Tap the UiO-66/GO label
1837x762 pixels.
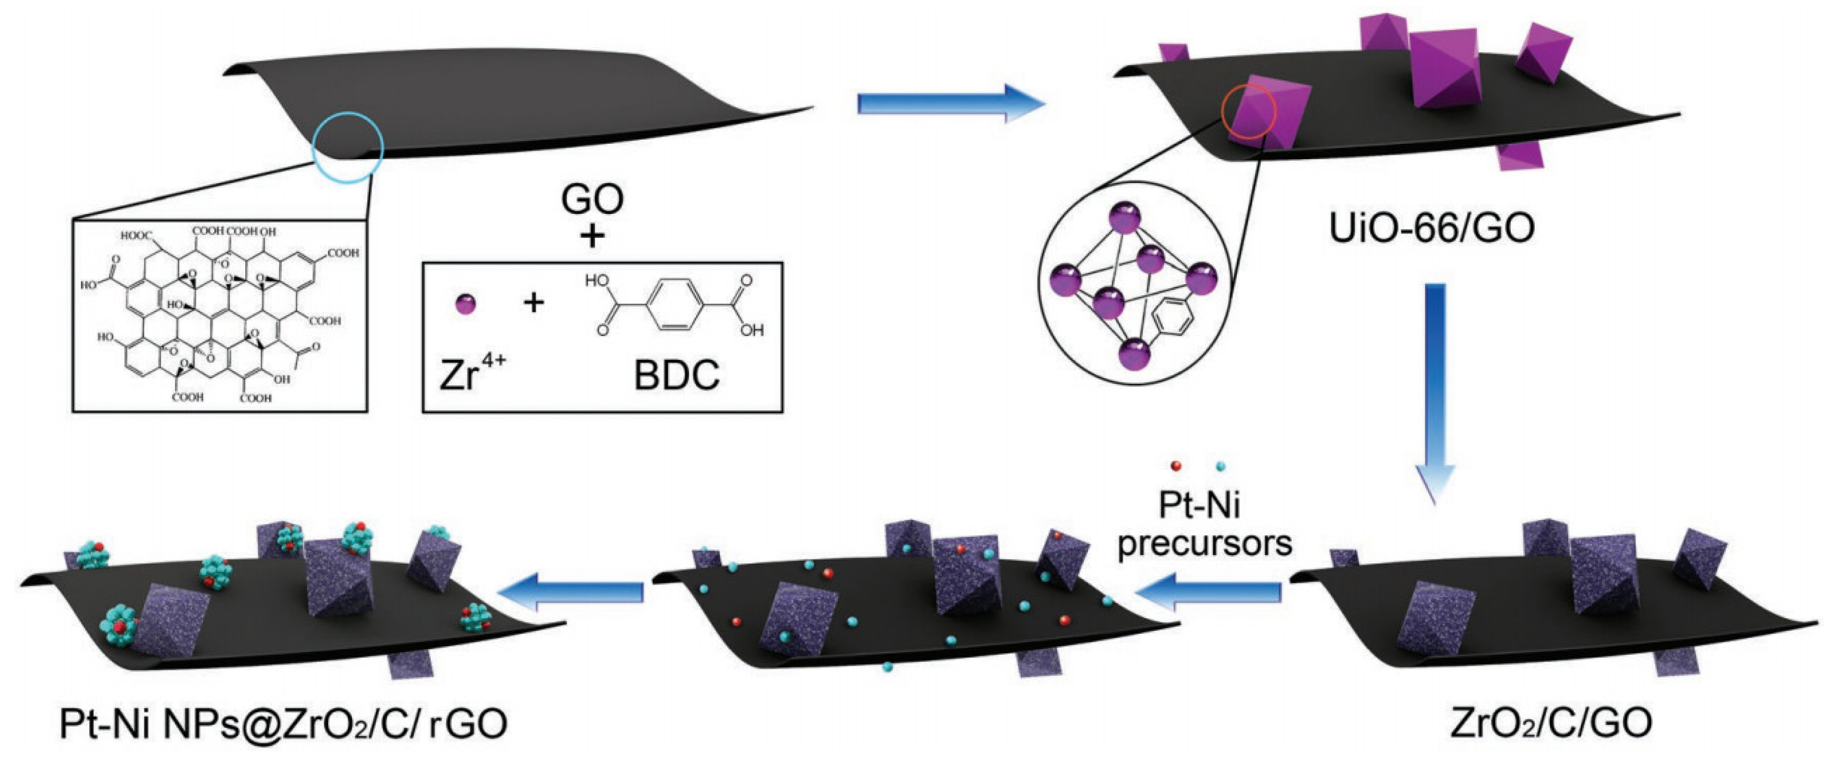[x=1433, y=228]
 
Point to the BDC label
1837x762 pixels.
[x=676, y=375]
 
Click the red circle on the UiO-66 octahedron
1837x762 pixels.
[x=1248, y=112]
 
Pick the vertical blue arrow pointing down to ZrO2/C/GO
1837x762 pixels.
[x=1435, y=392]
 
